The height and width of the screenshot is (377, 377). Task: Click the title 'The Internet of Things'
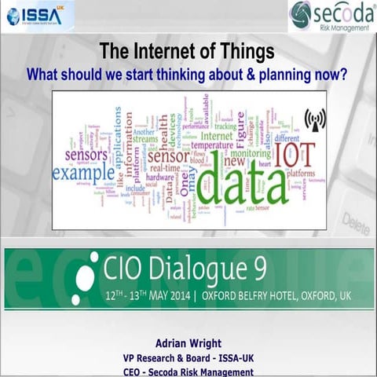point(186,53)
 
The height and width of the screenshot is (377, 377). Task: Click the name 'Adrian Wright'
point(188,343)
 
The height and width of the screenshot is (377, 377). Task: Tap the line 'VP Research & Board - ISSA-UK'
point(188,358)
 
